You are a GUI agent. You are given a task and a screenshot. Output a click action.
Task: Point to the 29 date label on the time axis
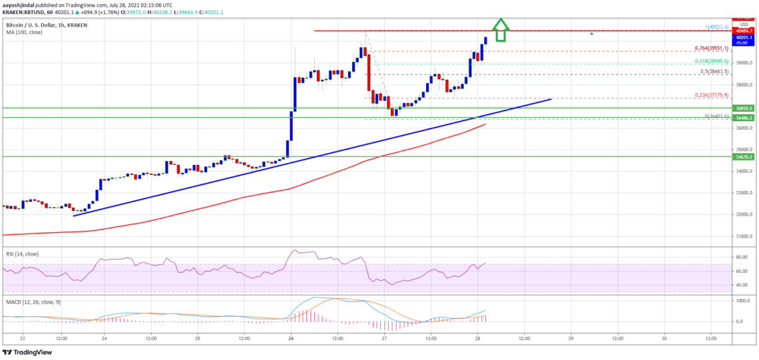click(571, 339)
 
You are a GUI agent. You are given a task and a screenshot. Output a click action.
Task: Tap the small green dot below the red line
click(591, 33)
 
